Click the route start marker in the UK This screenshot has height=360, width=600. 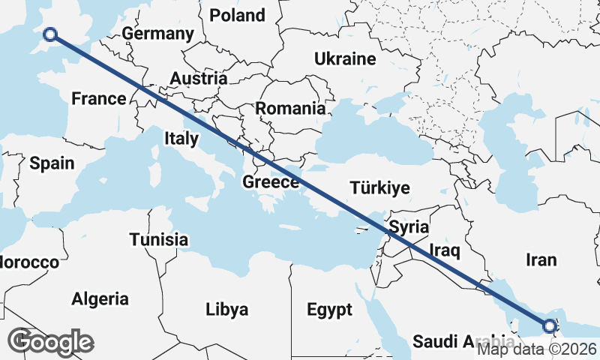(x=50, y=34)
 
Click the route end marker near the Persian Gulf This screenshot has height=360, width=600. (x=549, y=325)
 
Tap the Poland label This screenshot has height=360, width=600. (x=237, y=15)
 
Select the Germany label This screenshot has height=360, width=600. (x=157, y=34)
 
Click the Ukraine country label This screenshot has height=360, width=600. (x=344, y=58)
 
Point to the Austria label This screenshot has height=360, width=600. (x=198, y=78)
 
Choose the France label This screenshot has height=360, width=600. (x=98, y=98)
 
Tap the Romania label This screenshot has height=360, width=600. (x=290, y=108)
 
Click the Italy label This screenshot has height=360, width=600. (x=181, y=138)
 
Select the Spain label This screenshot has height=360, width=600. (x=52, y=163)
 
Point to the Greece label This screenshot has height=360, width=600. (x=271, y=182)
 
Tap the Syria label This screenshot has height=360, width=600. (x=409, y=226)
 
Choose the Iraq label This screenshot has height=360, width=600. (x=442, y=248)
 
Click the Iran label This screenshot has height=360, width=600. (x=541, y=259)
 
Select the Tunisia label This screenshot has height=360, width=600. (x=158, y=240)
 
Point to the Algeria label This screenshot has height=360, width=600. (x=100, y=299)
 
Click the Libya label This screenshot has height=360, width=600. (x=226, y=309)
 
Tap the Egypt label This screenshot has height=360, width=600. (x=329, y=309)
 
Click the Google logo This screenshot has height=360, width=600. (x=51, y=342)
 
